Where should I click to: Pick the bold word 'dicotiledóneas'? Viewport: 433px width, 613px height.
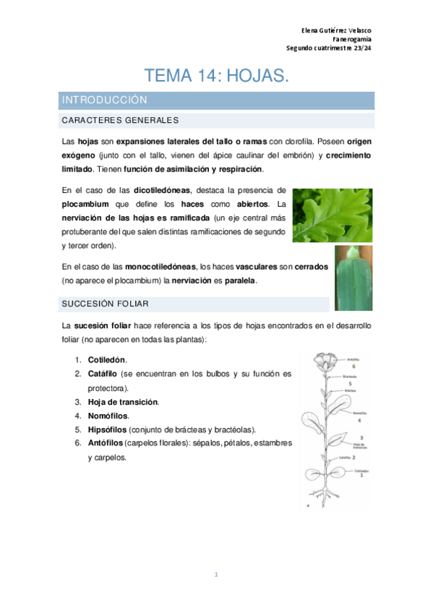point(162,190)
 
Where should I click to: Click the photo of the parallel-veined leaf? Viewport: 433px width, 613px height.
point(353,278)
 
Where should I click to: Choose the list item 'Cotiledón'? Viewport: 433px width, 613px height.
point(107,359)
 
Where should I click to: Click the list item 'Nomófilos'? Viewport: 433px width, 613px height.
point(108,416)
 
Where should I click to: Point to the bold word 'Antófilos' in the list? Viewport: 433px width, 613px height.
point(106,443)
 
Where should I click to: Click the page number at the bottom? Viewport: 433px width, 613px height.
point(216,575)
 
